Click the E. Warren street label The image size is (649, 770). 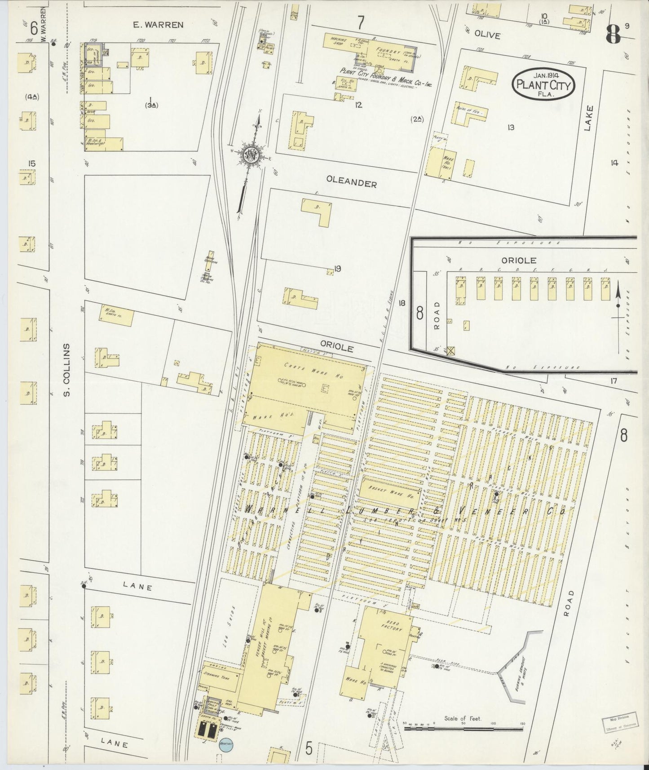click(x=158, y=25)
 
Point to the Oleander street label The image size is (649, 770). click(x=351, y=183)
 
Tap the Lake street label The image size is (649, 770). click(x=589, y=118)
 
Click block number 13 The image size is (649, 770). click(x=511, y=127)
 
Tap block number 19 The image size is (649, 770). click(x=337, y=269)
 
